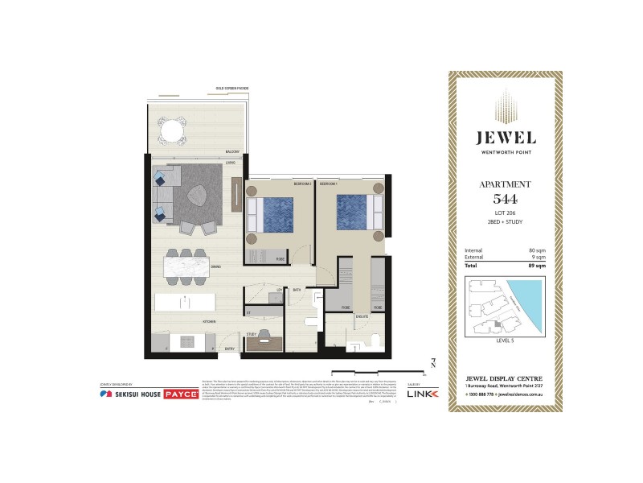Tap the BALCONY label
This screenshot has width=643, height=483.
click(232, 151)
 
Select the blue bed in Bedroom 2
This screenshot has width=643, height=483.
click(273, 213)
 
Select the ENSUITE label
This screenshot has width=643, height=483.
click(362, 316)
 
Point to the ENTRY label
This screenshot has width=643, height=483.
click(230, 348)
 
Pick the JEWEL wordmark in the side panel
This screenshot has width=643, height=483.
click(505, 138)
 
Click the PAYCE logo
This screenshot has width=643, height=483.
click(181, 394)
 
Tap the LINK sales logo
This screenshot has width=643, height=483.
click(427, 394)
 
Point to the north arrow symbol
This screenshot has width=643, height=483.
click(433, 363)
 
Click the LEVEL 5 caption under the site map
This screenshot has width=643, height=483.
click(505, 341)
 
